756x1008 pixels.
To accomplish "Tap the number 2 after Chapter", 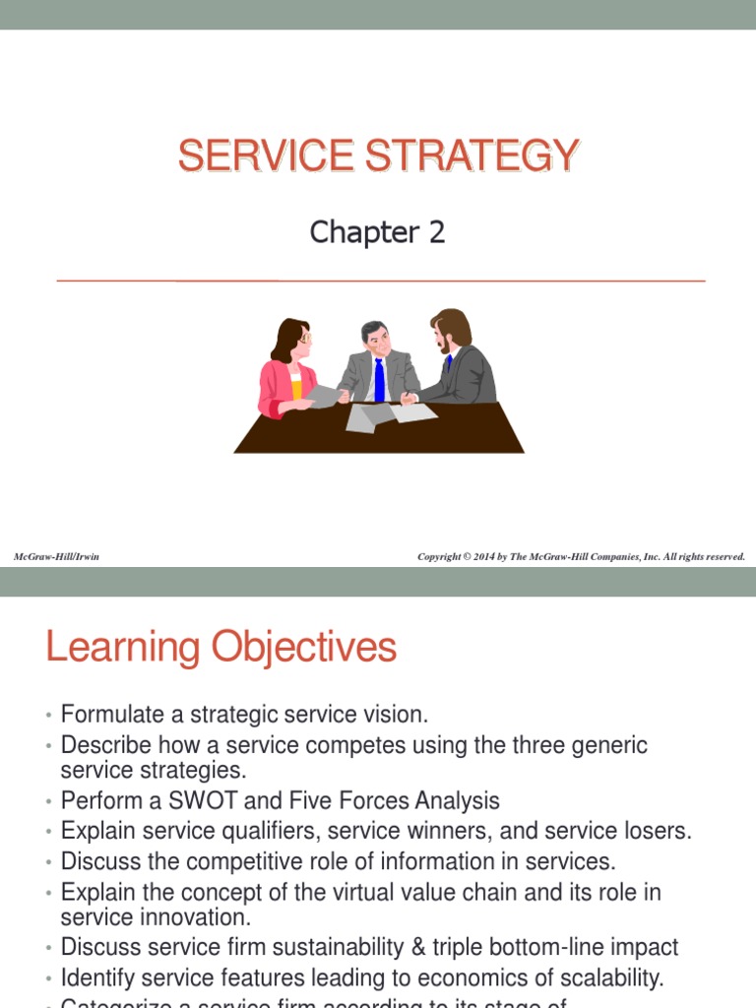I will point(435,232).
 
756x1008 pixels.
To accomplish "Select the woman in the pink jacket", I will point(287,369).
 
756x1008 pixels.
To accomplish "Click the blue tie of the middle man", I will point(379,379).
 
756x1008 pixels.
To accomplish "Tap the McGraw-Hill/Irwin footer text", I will point(56,557).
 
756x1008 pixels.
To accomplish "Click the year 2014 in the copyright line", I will point(483,557).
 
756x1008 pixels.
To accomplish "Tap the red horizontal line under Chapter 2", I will point(381,282).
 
